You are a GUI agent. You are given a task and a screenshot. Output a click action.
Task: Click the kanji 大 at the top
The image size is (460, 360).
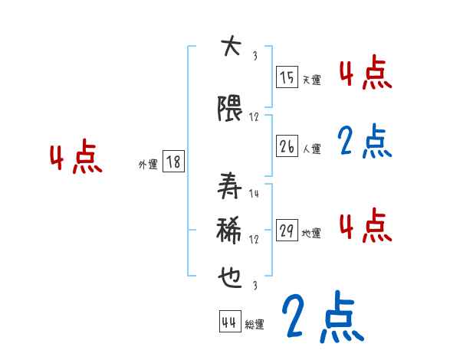pos(229,47)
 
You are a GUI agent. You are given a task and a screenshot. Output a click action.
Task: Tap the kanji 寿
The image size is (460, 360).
pos(229,185)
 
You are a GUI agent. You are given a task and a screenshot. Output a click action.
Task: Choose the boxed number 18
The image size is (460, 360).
pos(173,162)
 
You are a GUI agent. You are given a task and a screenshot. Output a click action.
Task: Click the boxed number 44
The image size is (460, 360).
pos(228,322)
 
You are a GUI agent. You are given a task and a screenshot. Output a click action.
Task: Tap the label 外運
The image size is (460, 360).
pos(147,164)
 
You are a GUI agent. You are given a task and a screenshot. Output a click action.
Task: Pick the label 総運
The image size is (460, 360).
pos(255,325)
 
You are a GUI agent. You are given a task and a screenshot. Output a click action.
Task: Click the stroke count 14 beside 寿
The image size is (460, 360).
pos(254,194)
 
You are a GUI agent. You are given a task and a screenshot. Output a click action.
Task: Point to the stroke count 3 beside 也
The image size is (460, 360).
pos(254,285)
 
